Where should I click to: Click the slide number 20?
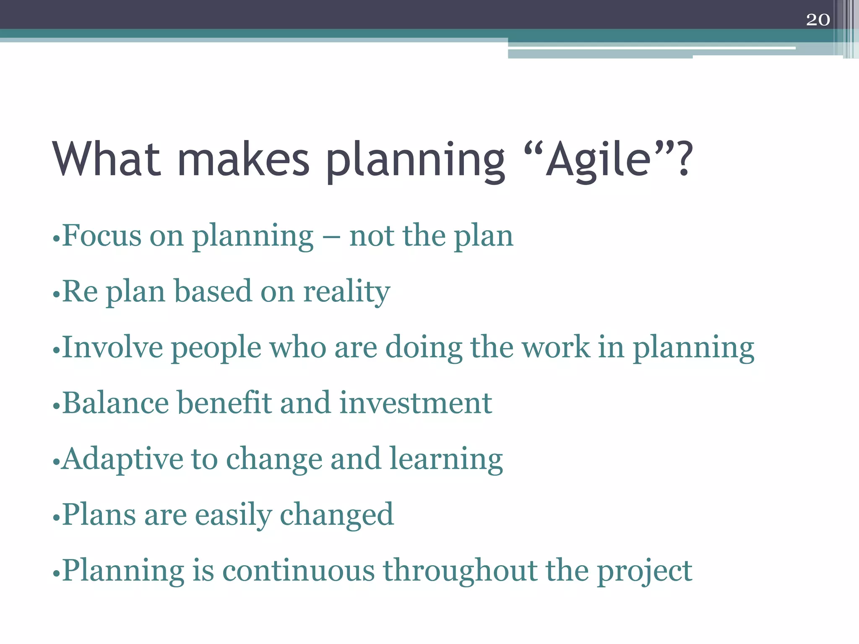tap(817, 20)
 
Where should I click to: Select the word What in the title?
tap(107, 159)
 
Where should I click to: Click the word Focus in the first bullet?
tap(102, 236)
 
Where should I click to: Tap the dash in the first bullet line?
tap(331, 237)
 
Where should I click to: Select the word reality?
tap(346, 292)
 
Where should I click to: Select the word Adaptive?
tap(122, 460)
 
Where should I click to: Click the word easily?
tap(233, 515)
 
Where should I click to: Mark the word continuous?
tap(298, 571)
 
